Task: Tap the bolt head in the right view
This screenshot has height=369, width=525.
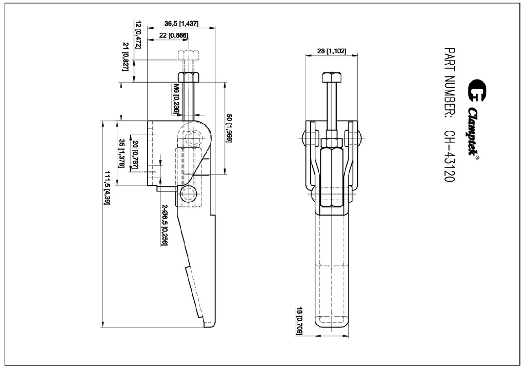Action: (332, 79)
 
